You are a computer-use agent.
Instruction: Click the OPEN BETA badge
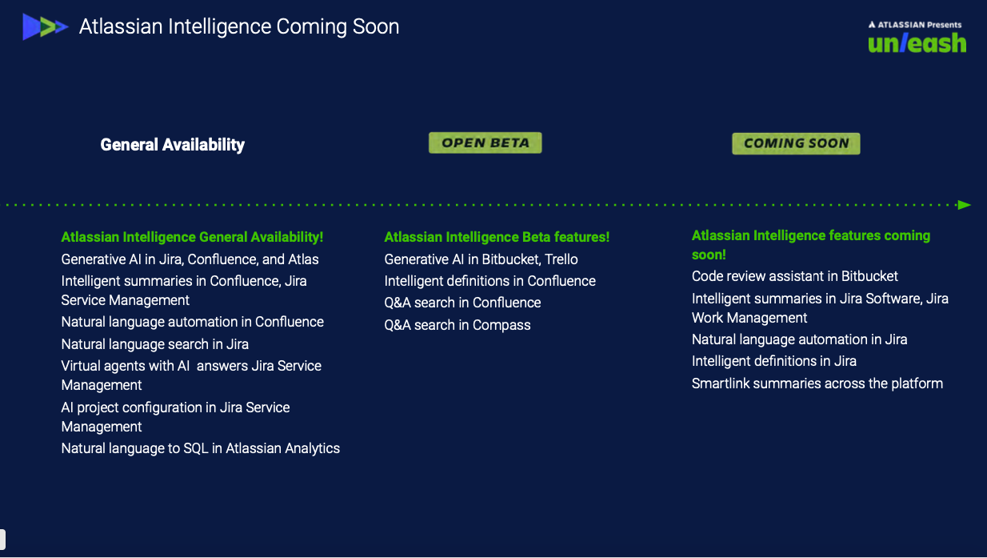click(485, 143)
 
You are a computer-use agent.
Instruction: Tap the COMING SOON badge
click(796, 143)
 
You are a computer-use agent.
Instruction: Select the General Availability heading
click(173, 145)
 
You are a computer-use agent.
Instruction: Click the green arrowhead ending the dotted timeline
click(964, 205)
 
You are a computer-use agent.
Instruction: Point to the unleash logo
click(917, 43)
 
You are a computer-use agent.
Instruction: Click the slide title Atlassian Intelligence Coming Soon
click(239, 26)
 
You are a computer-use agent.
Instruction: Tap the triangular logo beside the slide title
click(45, 26)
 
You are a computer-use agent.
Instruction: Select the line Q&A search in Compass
click(458, 325)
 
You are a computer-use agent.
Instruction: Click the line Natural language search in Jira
click(155, 344)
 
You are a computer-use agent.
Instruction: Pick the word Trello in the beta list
click(561, 259)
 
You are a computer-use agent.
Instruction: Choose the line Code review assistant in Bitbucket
click(795, 276)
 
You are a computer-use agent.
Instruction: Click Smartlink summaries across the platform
click(817, 383)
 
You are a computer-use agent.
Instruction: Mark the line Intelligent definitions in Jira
click(774, 361)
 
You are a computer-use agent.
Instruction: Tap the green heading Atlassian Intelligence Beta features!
click(497, 237)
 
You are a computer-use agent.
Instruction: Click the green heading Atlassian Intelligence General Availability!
click(192, 237)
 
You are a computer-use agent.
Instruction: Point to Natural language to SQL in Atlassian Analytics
click(201, 448)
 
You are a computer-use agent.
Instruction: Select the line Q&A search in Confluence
click(462, 303)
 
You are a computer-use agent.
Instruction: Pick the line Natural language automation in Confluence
click(193, 322)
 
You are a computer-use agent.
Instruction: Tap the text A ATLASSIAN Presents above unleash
click(915, 25)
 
